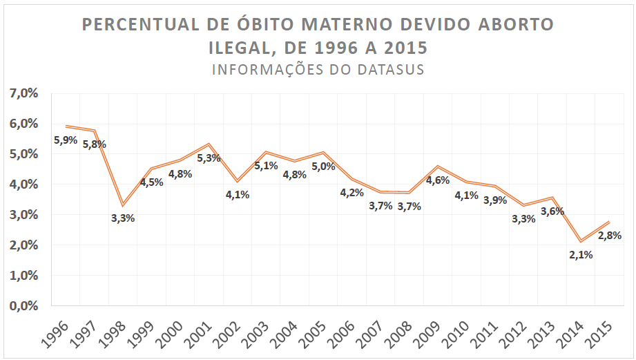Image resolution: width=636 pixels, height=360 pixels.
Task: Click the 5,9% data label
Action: tap(66, 140)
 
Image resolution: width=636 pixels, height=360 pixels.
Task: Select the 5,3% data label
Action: tap(209, 158)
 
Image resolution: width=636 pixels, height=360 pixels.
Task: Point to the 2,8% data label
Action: tap(609, 235)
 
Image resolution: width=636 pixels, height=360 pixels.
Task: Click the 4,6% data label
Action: tap(437, 180)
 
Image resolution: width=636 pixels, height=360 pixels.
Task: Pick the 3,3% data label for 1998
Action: tap(123, 218)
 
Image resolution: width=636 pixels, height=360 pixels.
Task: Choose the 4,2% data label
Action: tap(351, 193)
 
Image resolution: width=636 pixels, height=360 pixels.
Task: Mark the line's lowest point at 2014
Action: tap(580, 241)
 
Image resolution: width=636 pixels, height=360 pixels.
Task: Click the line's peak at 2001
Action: tap(209, 144)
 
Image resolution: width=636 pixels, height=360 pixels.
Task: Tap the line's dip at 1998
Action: tap(123, 205)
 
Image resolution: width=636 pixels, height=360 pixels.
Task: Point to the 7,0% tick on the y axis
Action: tap(23, 93)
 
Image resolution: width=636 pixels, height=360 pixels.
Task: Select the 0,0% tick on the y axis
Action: tap(23, 305)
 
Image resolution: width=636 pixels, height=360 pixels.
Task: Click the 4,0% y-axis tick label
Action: tap(23, 184)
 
